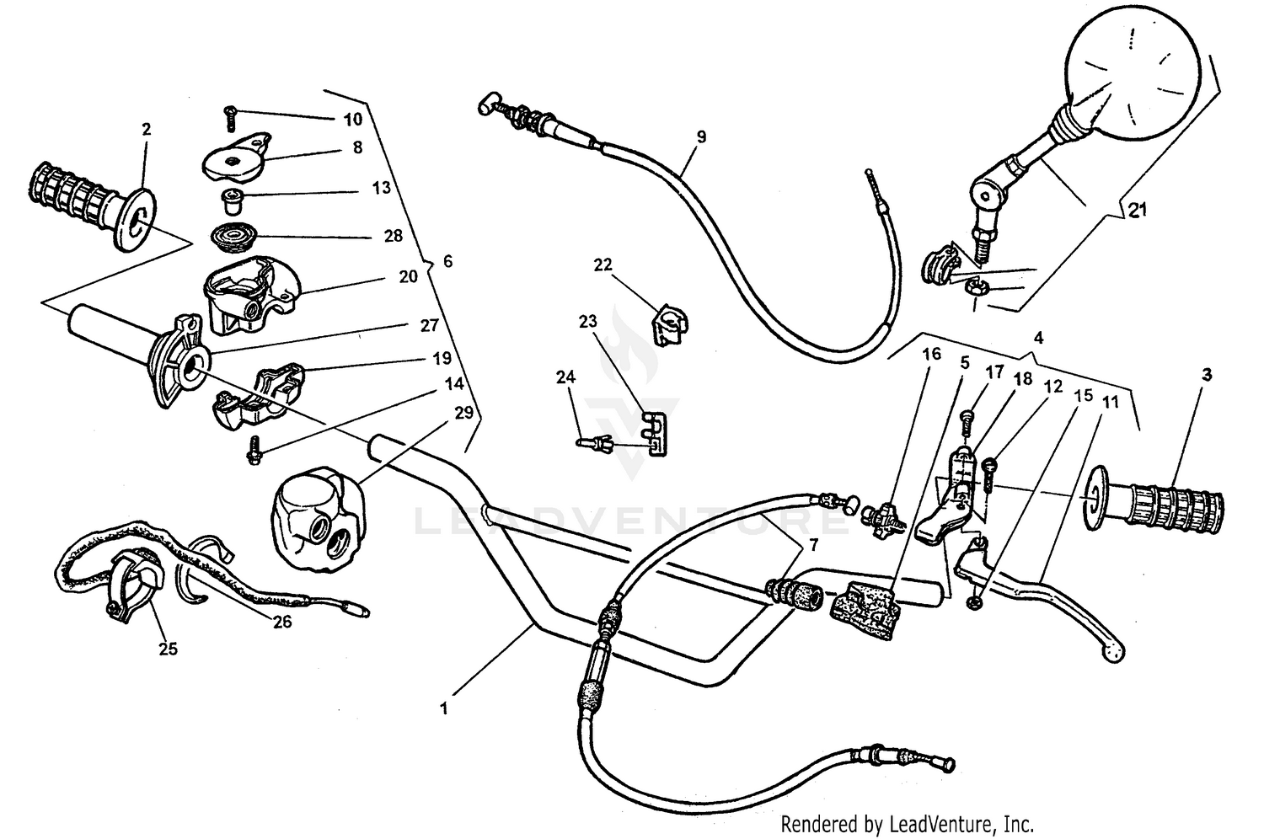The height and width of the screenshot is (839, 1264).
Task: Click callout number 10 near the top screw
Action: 353,119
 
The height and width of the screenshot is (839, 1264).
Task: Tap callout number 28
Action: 394,236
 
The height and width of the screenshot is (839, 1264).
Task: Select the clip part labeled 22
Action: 670,324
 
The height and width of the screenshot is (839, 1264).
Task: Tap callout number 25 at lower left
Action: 169,649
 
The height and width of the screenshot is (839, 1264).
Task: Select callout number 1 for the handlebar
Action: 444,708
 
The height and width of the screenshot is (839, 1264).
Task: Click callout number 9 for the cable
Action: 701,136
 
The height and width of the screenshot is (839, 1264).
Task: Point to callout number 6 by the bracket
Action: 447,262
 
